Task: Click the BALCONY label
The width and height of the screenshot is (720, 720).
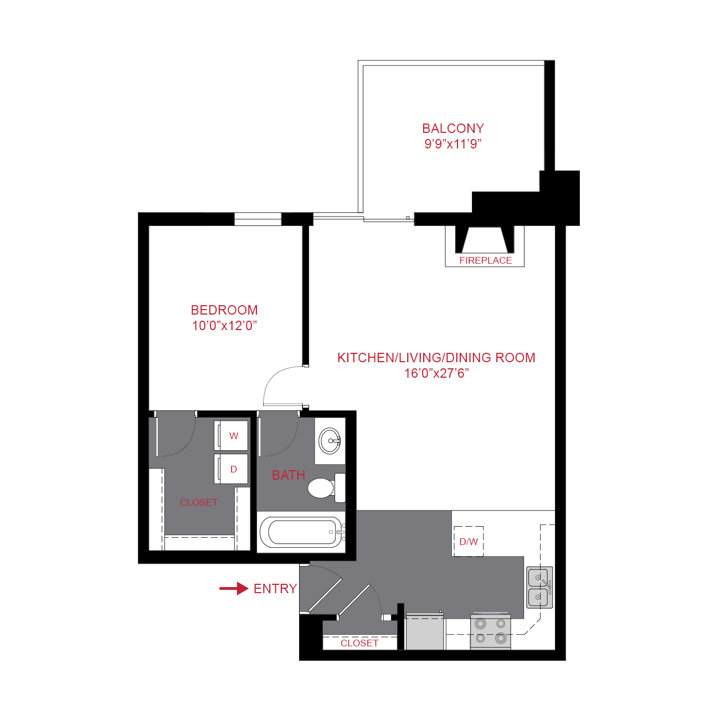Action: (x=452, y=128)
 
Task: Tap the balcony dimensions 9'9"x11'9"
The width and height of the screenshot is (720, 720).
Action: (x=452, y=144)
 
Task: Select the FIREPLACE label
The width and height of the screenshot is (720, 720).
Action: (x=485, y=260)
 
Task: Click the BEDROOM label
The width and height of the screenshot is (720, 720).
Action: (x=224, y=310)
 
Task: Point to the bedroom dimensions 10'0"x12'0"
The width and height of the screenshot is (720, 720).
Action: (x=224, y=326)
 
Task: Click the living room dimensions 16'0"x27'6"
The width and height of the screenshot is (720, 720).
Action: (x=436, y=373)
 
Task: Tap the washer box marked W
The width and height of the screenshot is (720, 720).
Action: (x=232, y=436)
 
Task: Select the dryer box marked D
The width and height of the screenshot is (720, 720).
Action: (x=232, y=469)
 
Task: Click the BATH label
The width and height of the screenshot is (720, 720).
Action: (x=288, y=475)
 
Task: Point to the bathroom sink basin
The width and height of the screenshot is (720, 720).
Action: (x=330, y=441)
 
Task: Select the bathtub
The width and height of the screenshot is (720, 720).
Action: (x=302, y=532)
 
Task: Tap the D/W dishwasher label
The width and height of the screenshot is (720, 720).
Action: (x=469, y=542)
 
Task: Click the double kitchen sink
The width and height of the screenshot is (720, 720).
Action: (x=539, y=587)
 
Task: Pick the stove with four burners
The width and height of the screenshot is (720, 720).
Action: (x=490, y=632)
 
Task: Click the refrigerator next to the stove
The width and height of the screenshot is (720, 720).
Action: (x=425, y=632)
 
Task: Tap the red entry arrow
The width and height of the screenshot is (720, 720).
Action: (x=234, y=588)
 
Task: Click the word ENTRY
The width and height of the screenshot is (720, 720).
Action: (x=275, y=589)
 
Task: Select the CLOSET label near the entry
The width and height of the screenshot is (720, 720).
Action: (x=359, y=643)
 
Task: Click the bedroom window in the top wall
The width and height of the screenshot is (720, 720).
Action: (x=258, y=219)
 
